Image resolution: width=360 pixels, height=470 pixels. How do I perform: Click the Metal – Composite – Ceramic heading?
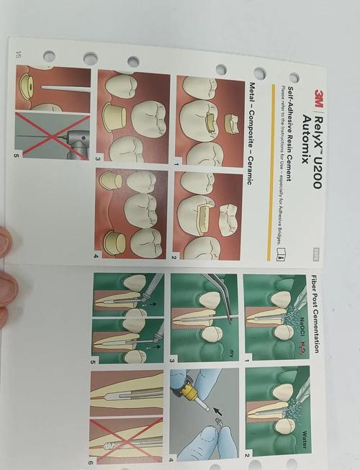[253, 133]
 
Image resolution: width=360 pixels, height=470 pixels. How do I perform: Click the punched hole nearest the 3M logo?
[294, 78]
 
